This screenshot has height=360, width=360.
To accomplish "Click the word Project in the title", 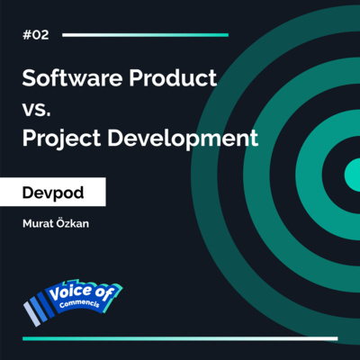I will click(x=60, y=140).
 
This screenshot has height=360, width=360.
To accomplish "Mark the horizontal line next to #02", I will click(x=144, y=34).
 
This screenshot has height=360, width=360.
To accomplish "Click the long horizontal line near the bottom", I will click(x=180, y=338).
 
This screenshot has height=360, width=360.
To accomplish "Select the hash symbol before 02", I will click(x=26, y=34).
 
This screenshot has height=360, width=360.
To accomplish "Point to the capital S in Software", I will click(x=29, y=78).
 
